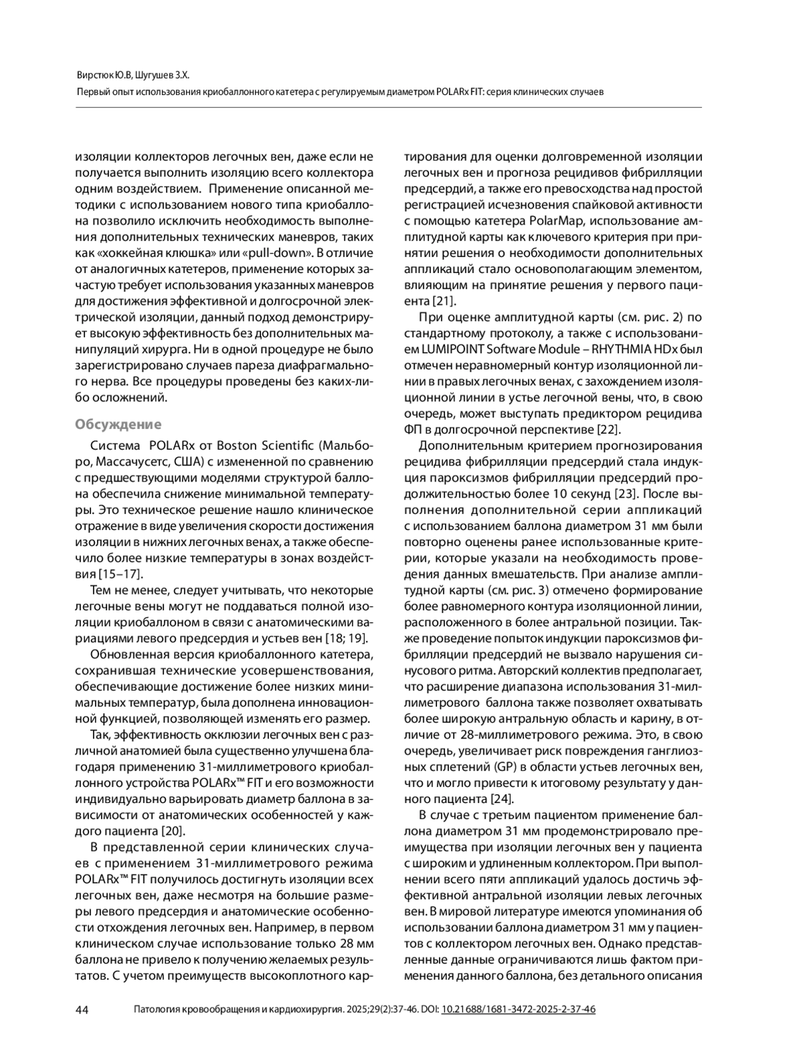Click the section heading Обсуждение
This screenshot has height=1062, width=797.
[x=118, y=424]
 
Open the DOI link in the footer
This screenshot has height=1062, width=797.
[x=518, y=1010]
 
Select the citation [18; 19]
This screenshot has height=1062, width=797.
[x=349, y=638]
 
